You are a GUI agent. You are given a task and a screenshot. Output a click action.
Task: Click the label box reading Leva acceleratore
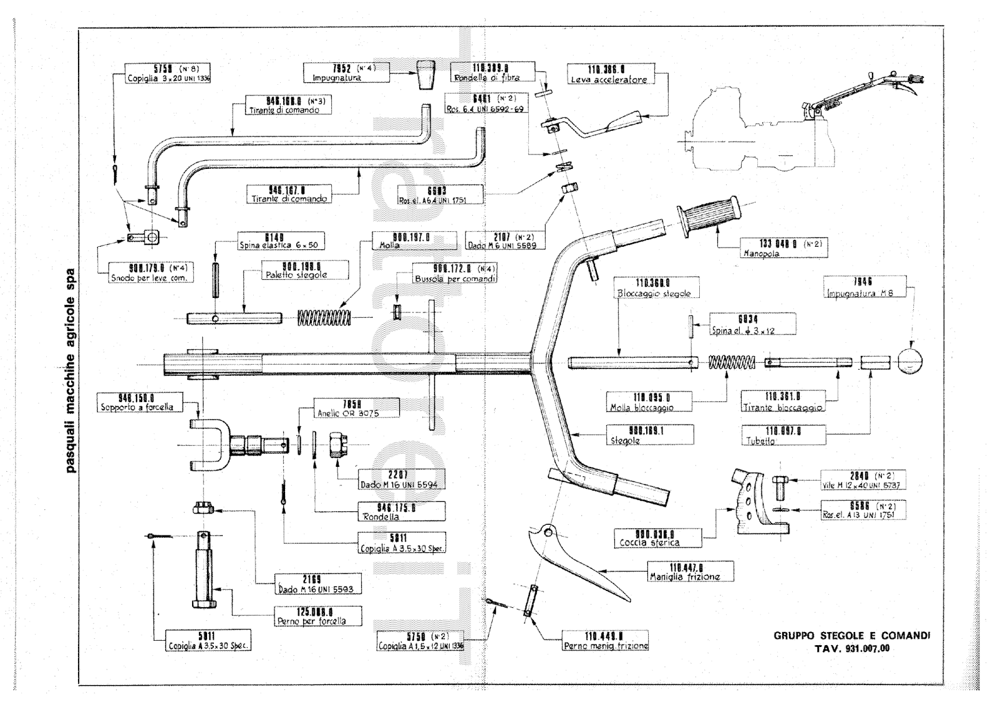tap(608, 74)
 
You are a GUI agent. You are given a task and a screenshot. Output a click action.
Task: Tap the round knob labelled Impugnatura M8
tap(909, 361)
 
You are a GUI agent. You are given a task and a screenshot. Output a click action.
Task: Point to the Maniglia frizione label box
tap(691, 571)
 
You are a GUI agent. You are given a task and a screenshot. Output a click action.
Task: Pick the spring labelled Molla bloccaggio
tap(731, 362)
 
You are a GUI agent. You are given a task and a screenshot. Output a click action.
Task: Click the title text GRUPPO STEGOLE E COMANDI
tap(851, 636)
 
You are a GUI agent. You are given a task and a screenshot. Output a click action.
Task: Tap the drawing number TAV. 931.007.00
tap(851, 648)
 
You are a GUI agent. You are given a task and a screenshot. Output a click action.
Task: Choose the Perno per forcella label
tap(310, 616)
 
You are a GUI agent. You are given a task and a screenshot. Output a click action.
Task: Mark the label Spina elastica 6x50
tap(282, 241)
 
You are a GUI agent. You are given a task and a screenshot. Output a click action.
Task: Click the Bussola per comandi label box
tap(455, 274)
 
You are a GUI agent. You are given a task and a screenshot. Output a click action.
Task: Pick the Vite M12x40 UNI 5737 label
tap(862, 480)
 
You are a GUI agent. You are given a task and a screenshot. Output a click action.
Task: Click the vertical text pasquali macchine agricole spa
tap(71, 370)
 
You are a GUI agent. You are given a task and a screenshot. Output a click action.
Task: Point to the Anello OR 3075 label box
tap(356, 408)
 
